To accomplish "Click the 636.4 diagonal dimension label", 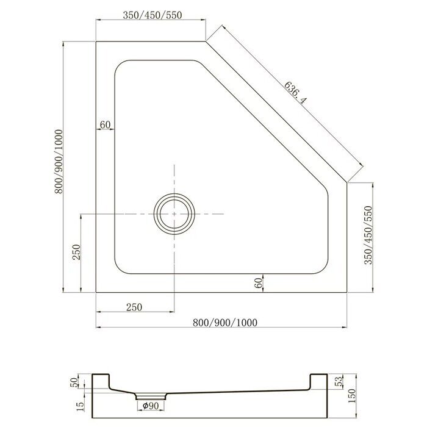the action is pyautogui.click(x=295, y=93).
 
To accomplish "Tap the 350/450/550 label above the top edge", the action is pyautogui.click(x=152, y=15).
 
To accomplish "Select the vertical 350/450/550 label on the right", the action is pyautogui.click(x=368, y=235).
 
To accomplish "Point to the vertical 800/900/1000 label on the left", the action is pyautogui.click(x=59, y=162).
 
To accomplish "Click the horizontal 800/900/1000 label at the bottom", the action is pyautogui.click(x=225, y=323).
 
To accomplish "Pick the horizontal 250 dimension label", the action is pyautogui.click(x=134, y=307).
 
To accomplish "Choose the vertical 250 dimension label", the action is pyautogui.click(x=77, y=252).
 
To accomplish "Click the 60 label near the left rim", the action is pyautogui.click(x=105, y=124).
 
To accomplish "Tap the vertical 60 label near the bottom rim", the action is pyautogui.click(x=259, y=282).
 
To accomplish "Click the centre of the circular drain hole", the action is pyautogui.click(x=174, y=214).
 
